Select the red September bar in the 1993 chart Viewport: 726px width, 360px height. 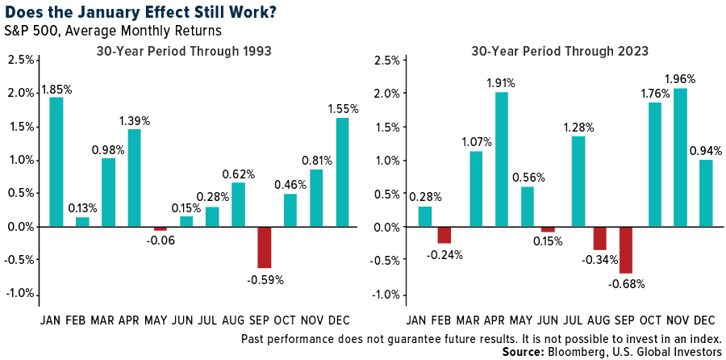pyautogui.click(x=265, y=247)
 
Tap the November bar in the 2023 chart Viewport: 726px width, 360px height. pyautogui.click(x=680, y=157)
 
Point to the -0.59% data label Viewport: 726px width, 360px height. pyautogui.click(x=265, y=280)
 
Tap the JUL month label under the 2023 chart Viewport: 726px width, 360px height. pyautogui.click(x=578, y=320)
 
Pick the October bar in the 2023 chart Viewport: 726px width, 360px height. pyautogui.click(x=655, y=165)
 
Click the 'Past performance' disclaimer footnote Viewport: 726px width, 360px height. pyautogui.click(x=481, y=337)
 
